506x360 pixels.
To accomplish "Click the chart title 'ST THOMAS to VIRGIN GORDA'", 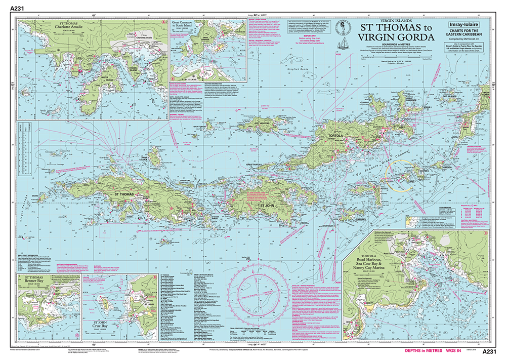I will tap(396, 33).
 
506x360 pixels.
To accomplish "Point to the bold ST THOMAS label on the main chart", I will tap(124, 193).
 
